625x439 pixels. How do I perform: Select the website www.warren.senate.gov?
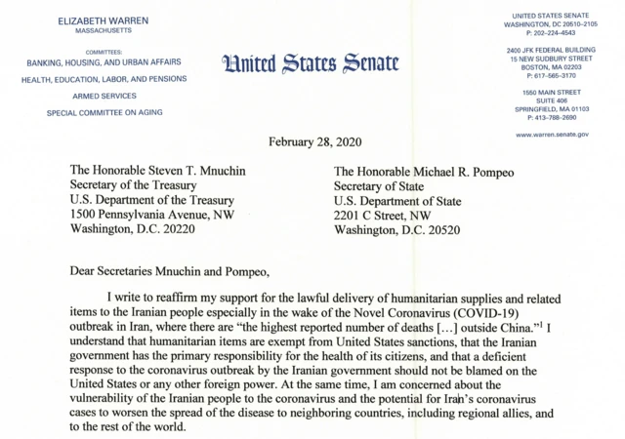[x=552, y=134]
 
